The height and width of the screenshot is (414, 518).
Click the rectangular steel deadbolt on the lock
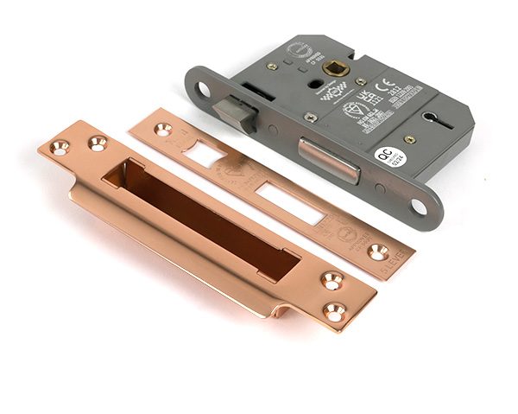pyautogui.click(x=329, y=158)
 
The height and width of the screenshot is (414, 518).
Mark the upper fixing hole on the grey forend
pyautogui.click(x=204, y=88)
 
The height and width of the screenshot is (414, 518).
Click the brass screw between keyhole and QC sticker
pyautogui.click(x=410, y=139)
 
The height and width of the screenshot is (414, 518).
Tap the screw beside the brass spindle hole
pyautogui.click(x=361, y=81)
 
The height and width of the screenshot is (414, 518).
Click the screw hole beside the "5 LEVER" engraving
pyautogui.click(x=377, y=252)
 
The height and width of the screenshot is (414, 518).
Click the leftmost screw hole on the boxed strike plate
pyautogui.click(x=60, y=147)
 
